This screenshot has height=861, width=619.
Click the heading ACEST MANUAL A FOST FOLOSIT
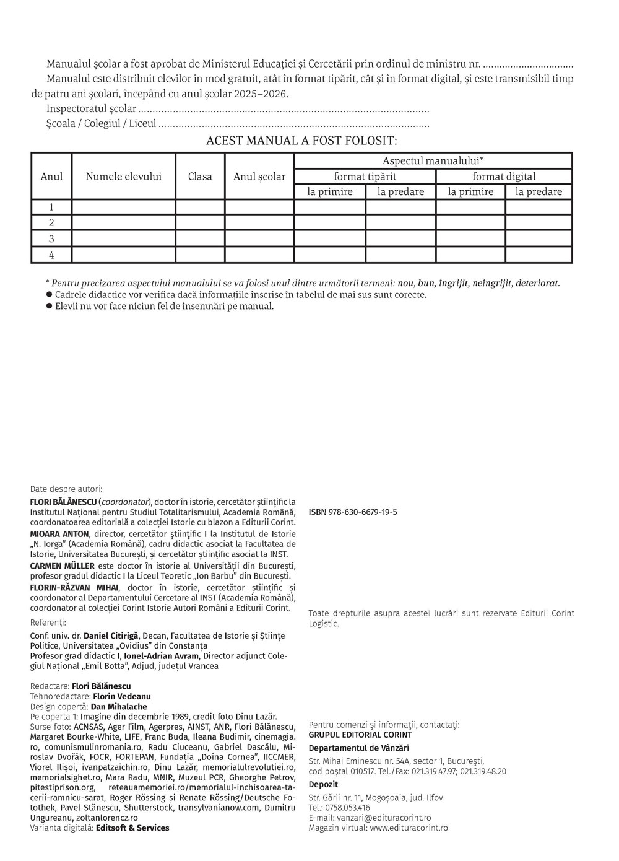(301, 141)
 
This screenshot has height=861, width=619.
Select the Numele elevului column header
(123, 177)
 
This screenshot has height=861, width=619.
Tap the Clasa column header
(200, 177)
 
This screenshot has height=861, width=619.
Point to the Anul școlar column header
(259, 177)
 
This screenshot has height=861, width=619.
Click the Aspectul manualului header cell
(433, 160)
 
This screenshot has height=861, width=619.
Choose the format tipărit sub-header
(365, 177)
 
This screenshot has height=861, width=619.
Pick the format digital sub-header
(504, 177)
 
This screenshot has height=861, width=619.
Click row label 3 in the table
(51, 238)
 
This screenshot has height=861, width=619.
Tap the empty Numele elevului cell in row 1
(123, 207)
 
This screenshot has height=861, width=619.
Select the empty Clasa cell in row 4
(200, 255)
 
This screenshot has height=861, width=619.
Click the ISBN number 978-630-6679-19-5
(353, 512)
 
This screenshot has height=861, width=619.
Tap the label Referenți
(48, 622)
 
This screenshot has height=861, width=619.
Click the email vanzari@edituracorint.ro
(382, 818)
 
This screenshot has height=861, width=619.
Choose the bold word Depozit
(323, 784)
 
